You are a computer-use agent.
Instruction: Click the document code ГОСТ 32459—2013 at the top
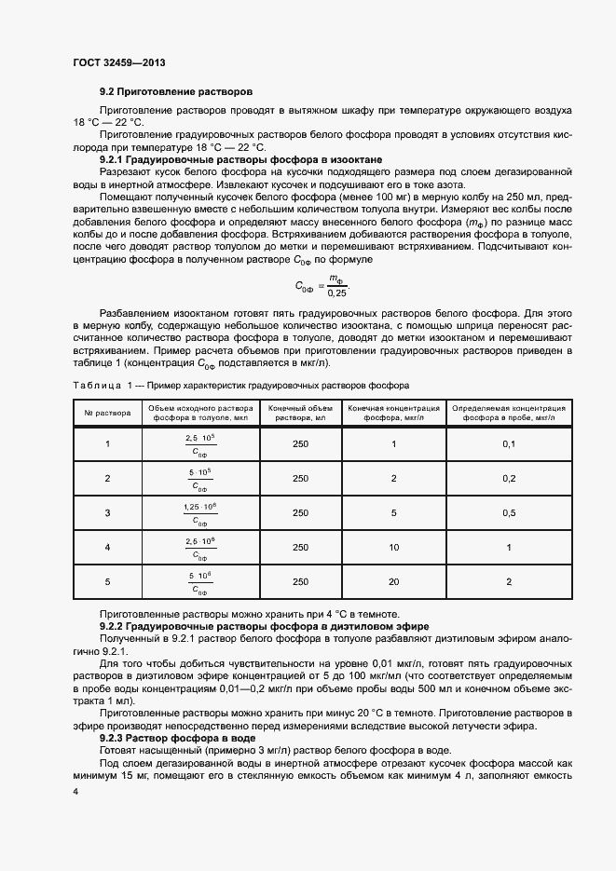point(118,63)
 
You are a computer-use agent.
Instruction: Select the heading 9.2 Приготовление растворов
point(176,93)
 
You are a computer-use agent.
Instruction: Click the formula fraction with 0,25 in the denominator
point(323,286)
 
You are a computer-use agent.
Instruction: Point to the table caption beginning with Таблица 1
point(240,385)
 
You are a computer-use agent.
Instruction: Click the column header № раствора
point(107,413)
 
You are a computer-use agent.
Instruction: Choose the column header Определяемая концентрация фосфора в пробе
point(509,413)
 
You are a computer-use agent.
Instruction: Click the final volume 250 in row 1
point(300,443)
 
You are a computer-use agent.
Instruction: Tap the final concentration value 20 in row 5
point(393,582)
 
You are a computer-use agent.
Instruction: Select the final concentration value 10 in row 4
point(393,548)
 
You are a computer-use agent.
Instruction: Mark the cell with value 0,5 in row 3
point(509,513)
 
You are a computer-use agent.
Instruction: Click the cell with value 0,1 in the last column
point(509,443)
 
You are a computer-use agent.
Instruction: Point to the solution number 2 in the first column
point(107,479)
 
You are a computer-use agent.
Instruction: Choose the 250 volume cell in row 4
point(300,548)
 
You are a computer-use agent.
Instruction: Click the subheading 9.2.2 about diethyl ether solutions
point(264,627)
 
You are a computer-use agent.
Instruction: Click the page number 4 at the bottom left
point(75,791)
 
